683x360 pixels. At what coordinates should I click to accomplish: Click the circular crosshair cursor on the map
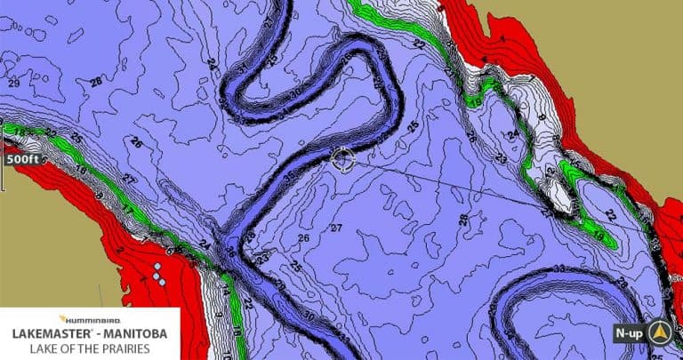(x=342, y=159)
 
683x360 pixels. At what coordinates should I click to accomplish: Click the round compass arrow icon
(x=660, y=333)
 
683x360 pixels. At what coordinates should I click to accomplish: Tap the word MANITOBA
(x=141, y=332)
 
